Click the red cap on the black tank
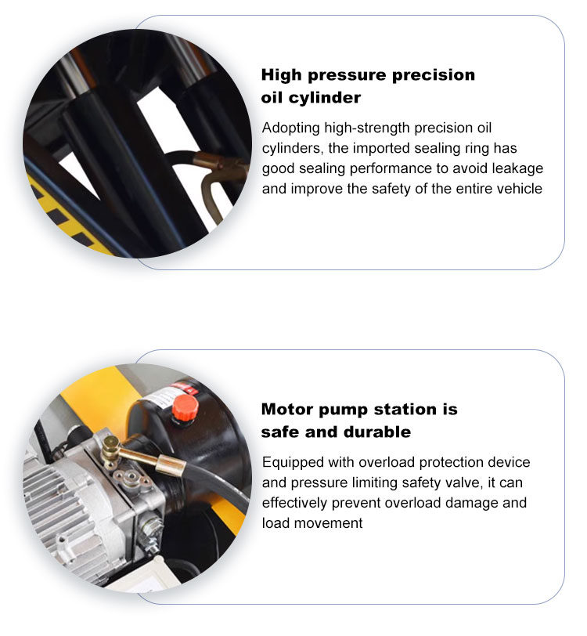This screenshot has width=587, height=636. point(185,406)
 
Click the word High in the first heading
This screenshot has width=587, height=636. point(283,75)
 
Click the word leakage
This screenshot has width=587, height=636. point(517,168)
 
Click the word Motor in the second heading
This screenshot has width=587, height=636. point(287,410)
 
